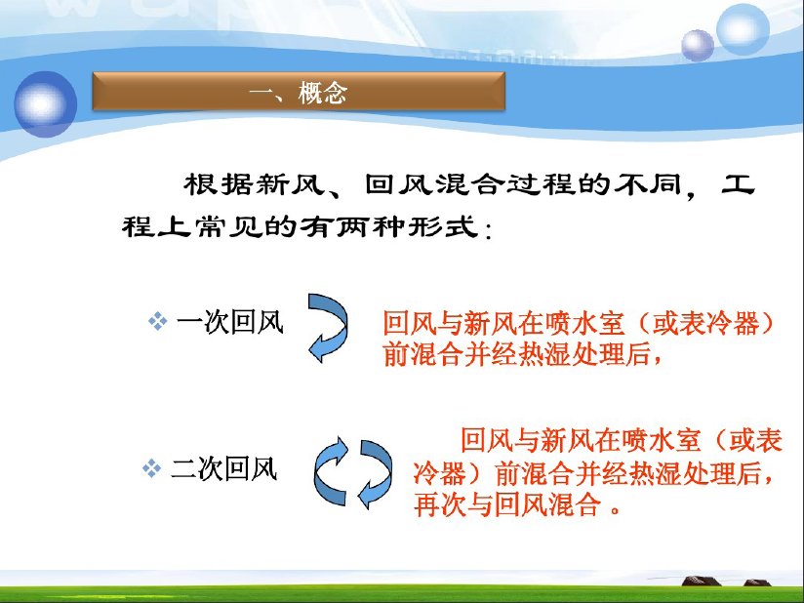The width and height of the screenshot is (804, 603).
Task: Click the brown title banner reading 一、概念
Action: point(299,92)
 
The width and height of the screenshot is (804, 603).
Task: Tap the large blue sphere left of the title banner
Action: point(45,104)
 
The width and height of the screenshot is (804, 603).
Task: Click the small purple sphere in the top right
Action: point(698,46)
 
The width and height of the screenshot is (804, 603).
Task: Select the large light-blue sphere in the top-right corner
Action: point(743,29)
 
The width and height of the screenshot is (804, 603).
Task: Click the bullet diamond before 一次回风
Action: point(157,322)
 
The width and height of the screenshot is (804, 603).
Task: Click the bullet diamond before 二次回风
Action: point(152,468)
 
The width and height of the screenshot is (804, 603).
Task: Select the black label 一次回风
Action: point(229,323)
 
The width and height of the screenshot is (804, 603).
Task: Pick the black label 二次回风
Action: point(223,468)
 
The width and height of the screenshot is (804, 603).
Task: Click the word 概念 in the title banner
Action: point(323,93)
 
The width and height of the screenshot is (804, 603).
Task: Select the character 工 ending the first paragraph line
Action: point(738,184)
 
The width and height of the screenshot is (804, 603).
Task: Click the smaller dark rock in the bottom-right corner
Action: point(757,583)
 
